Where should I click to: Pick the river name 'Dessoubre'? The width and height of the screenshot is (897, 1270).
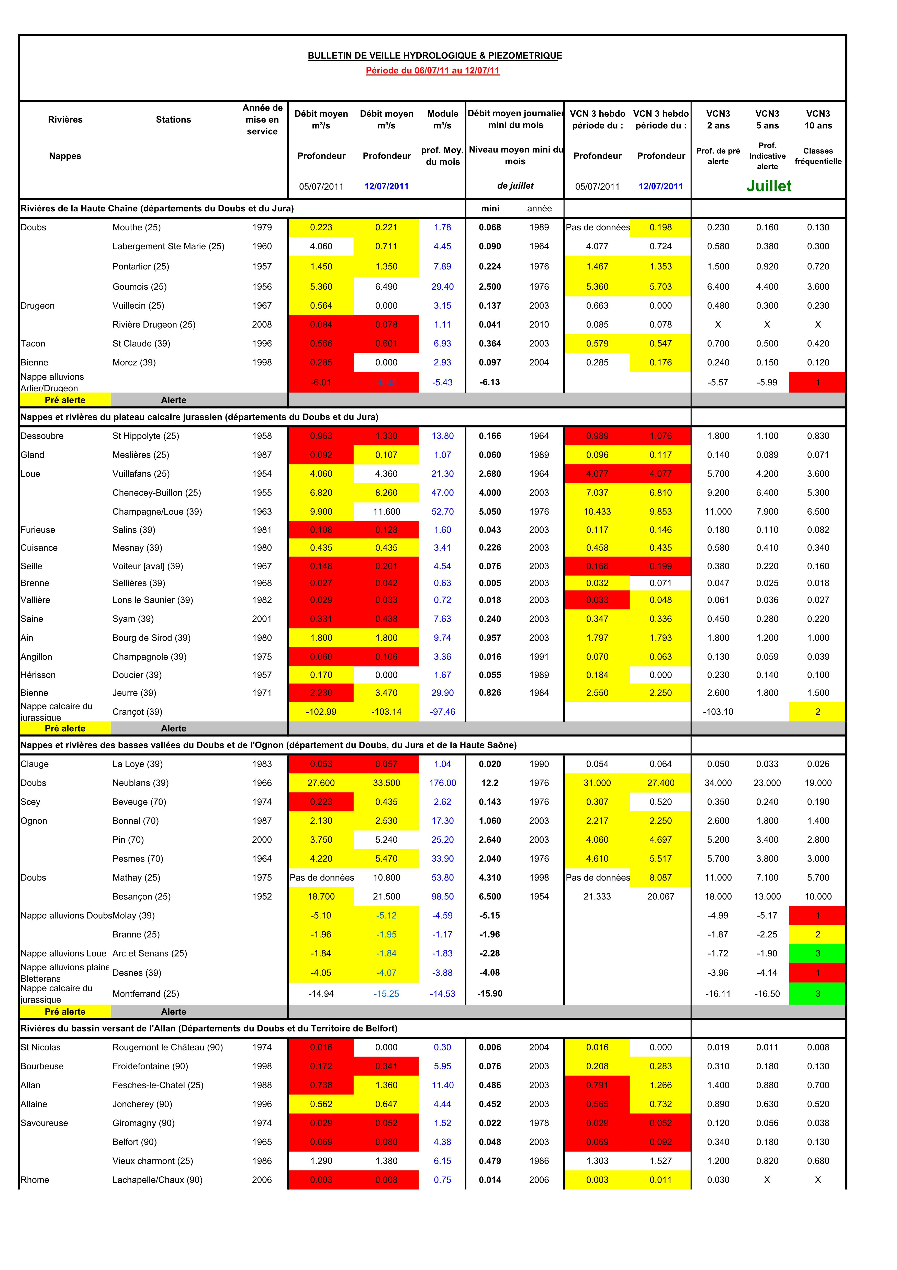42,436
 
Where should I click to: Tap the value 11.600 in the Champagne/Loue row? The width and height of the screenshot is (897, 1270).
386,512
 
